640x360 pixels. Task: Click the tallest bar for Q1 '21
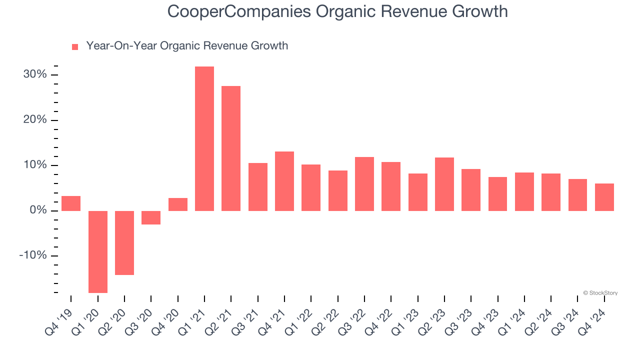204,138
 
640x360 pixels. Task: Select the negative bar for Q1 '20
98,251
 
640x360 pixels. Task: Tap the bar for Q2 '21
231,148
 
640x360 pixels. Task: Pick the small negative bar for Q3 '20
151,217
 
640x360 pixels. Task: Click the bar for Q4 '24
604,197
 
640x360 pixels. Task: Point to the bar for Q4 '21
284,181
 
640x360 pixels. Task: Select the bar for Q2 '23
444,184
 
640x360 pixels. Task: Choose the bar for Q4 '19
71,203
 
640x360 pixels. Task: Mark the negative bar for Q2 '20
124,242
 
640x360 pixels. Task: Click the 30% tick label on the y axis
35,75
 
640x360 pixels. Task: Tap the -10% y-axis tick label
33,255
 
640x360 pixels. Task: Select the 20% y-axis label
35,120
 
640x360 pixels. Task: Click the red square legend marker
75,47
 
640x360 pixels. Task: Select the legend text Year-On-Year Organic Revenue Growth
187,46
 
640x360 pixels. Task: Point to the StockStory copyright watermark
600,293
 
